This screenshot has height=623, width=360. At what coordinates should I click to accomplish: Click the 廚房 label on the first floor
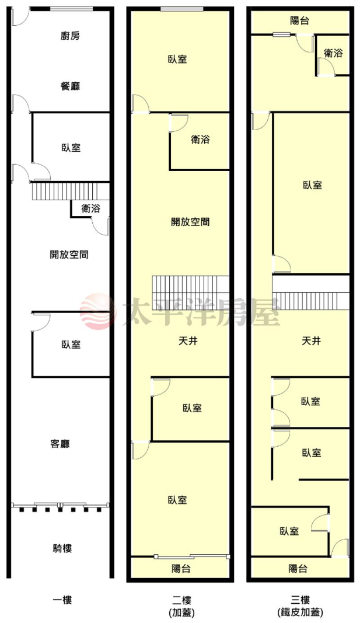[x=70, y=36]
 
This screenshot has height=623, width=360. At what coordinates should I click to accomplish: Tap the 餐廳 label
[x=70, y=86]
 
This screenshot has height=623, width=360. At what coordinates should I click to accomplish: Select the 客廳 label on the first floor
[x=60, y=443]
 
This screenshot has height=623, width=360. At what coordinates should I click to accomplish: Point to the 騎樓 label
[x=62, y=549]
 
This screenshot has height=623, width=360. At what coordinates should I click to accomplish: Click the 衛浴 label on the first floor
[x=90, y=208]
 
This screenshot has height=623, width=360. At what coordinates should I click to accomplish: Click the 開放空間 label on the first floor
[x=69, y=255]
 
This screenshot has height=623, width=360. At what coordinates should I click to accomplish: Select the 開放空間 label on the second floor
[x=190, y=222]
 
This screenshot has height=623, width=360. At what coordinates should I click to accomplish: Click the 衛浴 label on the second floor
[x=200, y=140]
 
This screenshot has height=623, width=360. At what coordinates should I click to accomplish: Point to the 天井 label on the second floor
[x=188, y=341]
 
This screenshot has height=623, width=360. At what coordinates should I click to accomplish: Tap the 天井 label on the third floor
[x=311, y=341]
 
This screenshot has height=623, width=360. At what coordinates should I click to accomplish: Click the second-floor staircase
[x=191, y=294]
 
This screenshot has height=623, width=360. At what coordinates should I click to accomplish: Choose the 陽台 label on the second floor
[x=181, y=569]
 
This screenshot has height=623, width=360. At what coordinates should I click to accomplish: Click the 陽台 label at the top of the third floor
[x=300, y=20]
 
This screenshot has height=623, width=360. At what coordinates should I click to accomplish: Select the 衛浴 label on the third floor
[x=333, y=53]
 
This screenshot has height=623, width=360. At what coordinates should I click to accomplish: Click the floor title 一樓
[x=62, y=600]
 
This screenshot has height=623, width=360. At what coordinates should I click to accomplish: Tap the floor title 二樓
[x=181, y=600]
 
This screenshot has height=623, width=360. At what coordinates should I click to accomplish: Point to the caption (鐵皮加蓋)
[x=300, y=612]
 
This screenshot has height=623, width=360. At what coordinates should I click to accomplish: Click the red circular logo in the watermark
[x=97, y=312]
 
